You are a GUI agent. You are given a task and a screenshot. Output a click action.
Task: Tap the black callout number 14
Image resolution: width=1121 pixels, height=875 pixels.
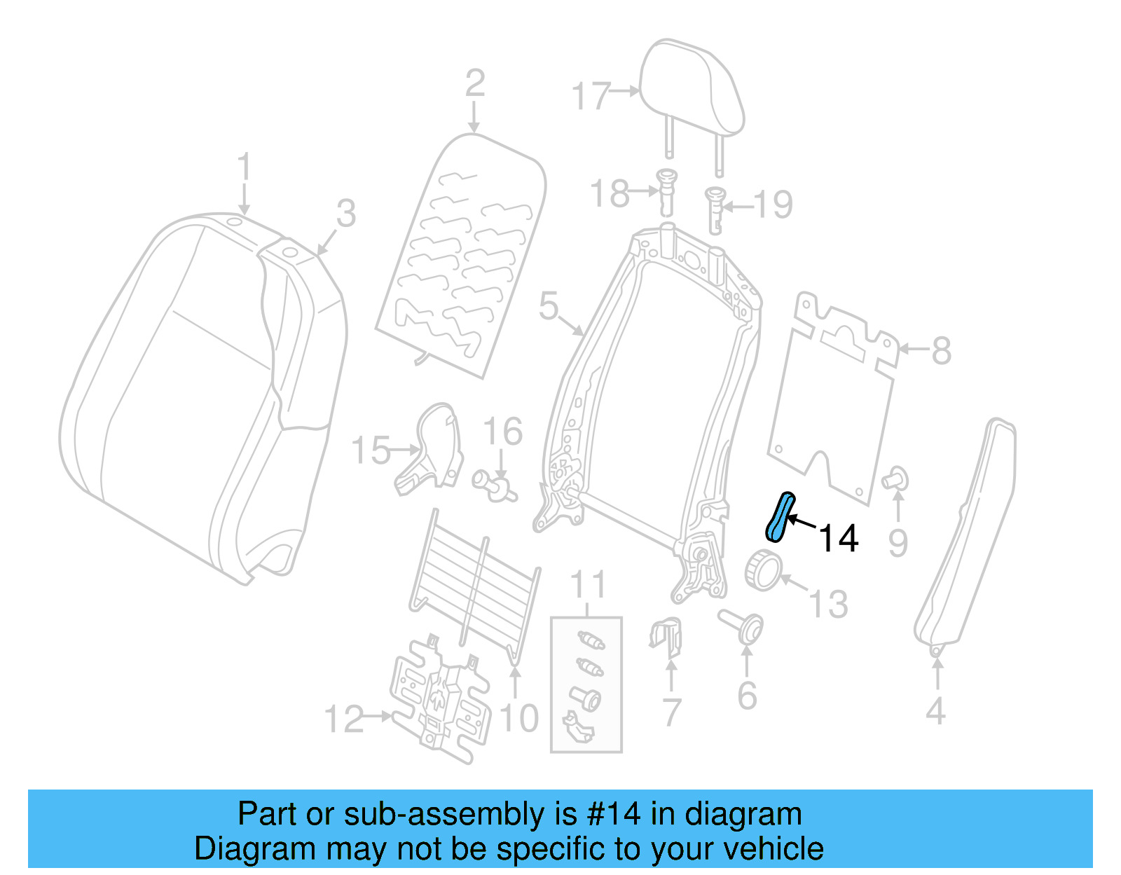(838, 539)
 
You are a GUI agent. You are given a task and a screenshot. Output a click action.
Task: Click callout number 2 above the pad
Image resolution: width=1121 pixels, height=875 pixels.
(474, 83)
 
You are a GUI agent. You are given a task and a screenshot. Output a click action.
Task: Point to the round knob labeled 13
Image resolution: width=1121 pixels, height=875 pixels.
(762, 570)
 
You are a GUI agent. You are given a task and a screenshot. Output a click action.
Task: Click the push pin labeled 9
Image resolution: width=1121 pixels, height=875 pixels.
(895, 480)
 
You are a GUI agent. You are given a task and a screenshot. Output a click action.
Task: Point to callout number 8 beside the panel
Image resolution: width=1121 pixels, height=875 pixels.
(941, 350)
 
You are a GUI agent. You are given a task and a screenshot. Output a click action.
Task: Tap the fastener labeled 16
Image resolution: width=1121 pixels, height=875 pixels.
(495, 485)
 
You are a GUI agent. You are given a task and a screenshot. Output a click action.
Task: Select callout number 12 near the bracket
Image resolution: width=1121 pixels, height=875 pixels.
(344, 719)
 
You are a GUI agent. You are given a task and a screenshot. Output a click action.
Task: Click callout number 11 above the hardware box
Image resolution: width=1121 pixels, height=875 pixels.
(587, 584)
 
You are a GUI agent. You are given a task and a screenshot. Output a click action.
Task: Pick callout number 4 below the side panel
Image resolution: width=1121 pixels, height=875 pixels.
(935, 710)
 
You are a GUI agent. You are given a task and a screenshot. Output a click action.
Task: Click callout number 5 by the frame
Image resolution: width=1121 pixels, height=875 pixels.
(549, 307)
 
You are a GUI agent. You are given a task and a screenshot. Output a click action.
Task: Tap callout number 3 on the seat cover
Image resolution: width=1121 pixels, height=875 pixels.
(346, 213)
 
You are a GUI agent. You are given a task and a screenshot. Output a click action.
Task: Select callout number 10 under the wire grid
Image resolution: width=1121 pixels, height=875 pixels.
(518, 718)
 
